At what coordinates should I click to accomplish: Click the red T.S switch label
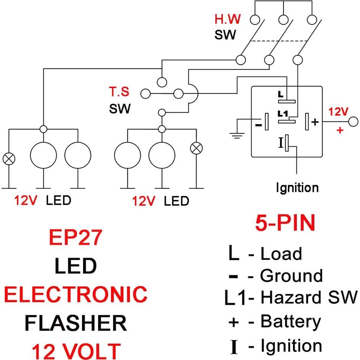point(119,92)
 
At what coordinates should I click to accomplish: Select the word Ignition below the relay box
point(297,188)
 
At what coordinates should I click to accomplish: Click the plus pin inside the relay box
point(307,121)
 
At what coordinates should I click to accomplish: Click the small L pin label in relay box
point(281,94)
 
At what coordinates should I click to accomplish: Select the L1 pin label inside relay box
point(283,114)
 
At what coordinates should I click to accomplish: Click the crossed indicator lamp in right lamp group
point(197,149)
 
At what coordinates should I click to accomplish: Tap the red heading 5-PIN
point(285,223)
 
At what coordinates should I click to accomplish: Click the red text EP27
point(75,237)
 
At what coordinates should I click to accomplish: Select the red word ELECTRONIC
point(75,294)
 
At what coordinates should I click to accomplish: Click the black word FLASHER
point(75,322)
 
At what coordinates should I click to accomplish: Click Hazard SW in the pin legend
point(309,298)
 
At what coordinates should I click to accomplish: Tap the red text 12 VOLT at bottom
point(75,350)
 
